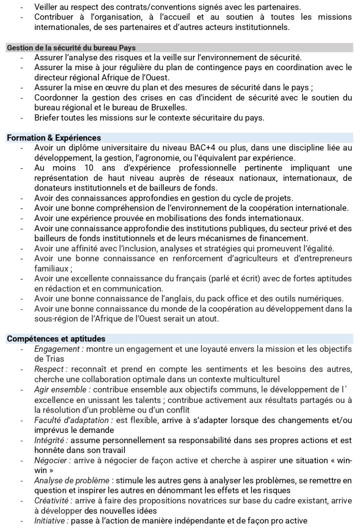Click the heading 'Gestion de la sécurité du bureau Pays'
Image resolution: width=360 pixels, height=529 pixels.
[x=71, y=48]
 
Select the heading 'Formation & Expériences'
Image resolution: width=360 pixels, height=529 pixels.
[x=54, y=138]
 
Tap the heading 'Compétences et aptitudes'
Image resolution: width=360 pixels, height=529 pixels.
[x=56, y=339]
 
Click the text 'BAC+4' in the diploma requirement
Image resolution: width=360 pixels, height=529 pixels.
[x=203, y=148]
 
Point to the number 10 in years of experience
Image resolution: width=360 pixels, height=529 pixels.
[x=88, y=168]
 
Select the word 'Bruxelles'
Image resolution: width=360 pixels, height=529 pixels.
[x=168, y=108]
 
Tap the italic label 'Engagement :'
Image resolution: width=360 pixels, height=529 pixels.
[x=59, y=349]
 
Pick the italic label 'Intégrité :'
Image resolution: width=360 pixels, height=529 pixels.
[x=51, y=440]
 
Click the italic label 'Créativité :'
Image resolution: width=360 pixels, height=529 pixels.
[x=53, y=501]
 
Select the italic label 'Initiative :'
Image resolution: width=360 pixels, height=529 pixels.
[x=51, y=521]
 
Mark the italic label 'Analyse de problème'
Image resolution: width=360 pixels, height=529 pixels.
[x=72, y=481]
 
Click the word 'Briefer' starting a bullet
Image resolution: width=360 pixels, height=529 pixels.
[x=46, y=118]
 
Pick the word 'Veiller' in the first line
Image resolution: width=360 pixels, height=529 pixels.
[x=46, y=7]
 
